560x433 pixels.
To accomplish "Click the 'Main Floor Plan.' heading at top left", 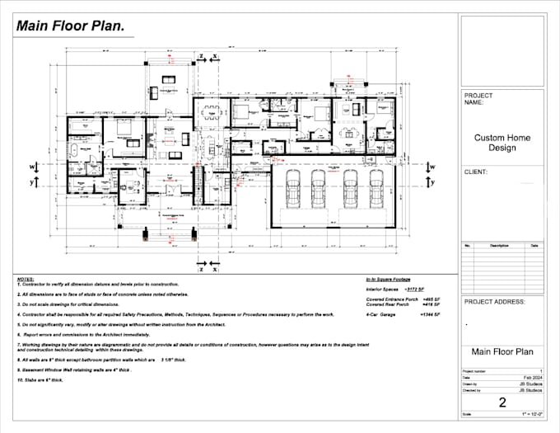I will pos(70,26).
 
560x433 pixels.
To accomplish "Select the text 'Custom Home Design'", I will pos(502,143).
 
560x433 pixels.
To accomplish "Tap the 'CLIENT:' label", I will pos(477,172).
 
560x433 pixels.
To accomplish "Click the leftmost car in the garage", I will pos(292,192).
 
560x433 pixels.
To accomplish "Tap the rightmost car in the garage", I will pos(374,192).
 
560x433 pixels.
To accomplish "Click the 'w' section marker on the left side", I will pos(32,167).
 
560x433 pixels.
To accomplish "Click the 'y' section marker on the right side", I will pos(431,181).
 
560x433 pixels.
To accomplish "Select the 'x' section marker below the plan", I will pos(215,268).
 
